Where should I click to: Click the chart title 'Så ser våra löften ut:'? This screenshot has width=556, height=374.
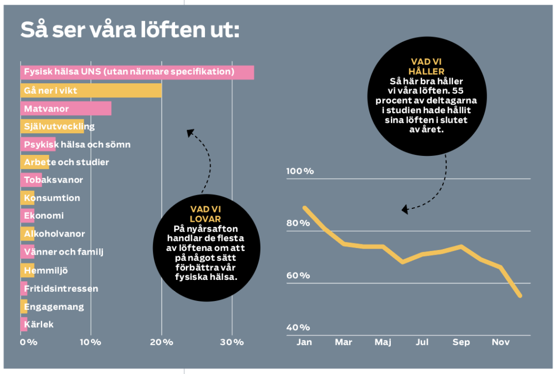[130, 30]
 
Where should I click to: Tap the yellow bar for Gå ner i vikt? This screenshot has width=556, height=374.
[91, 91]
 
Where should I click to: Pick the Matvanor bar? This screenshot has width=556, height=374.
[66, 109]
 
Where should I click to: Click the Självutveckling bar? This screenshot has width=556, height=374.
[52, 127]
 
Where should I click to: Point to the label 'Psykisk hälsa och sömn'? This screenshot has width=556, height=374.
[77, 145]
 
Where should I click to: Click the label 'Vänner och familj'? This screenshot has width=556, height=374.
[64, 252]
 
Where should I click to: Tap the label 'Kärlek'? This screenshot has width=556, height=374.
[39, 325]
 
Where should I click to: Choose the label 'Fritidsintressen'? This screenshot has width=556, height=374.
[61, 289]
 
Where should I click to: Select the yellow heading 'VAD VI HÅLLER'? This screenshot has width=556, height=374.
[427, 67]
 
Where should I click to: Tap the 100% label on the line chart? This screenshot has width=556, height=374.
[300, 171]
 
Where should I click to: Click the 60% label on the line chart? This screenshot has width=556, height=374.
[298, 276]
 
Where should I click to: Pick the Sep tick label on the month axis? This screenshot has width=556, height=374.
[461, 343]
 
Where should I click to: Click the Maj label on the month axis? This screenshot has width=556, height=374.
[383, 343]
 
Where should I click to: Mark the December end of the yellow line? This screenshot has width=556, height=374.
[520, 296]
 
